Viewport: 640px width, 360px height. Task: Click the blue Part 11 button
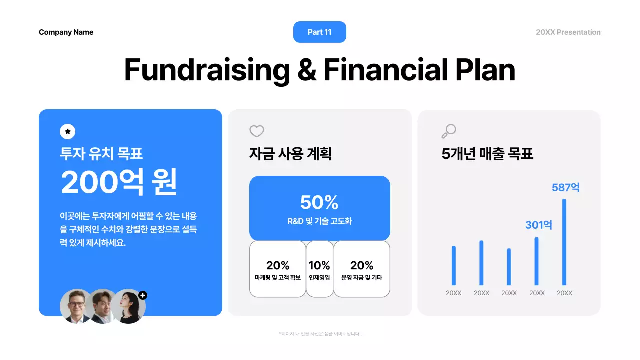[319, 32]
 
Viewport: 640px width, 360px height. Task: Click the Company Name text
[66, 32]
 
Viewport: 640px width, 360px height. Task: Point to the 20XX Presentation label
[568, 32]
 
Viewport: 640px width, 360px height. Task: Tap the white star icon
[67, 132]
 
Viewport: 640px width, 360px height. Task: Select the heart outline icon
[256, 131]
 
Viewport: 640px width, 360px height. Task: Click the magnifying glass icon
[449, 131]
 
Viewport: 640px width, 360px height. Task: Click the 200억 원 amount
[119, 182]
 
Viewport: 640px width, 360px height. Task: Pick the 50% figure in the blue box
[319, 202]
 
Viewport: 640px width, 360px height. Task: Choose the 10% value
[319, 265]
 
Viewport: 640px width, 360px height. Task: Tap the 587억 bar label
[565, 188]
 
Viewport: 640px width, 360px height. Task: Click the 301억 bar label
[538, 225]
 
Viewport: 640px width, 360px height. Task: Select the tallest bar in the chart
[564, 242]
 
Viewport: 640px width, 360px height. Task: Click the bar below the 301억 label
[537, 261]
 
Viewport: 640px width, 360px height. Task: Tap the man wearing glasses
[76, 305]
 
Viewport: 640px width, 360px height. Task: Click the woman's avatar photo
[129, 306]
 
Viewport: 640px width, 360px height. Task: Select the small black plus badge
[143, 295]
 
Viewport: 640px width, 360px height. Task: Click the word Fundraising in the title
[206, 70]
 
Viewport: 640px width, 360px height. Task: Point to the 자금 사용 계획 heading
[290, 154]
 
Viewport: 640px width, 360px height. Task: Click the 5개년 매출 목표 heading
[487, 154]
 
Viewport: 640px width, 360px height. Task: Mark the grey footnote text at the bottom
[319, 334]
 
